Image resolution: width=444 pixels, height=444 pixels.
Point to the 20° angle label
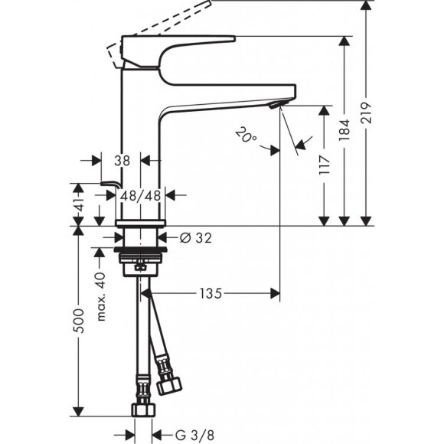246,136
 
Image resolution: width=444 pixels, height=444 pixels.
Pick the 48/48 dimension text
141,195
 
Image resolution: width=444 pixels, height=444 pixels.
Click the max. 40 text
100,295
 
